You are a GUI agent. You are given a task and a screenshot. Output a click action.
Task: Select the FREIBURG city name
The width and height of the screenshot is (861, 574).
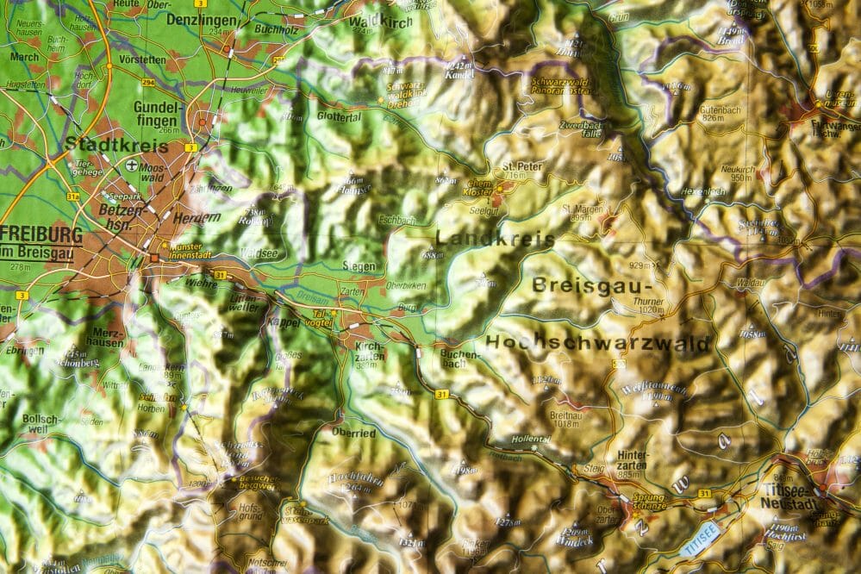tap(41, 234)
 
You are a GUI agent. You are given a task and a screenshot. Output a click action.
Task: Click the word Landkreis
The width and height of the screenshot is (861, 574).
tap(495, 239)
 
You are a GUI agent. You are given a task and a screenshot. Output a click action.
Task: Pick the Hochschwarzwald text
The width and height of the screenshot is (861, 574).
tap(598, 343)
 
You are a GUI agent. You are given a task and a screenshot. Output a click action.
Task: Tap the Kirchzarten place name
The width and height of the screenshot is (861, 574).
tap(369, 350)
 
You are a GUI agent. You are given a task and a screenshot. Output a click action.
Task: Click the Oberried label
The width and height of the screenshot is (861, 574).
tap(353, 433)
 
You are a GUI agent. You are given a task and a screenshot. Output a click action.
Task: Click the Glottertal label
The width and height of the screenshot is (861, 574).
tap(339, 117)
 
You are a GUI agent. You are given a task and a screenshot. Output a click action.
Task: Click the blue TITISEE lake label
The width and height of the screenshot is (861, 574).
tap(699, 540)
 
